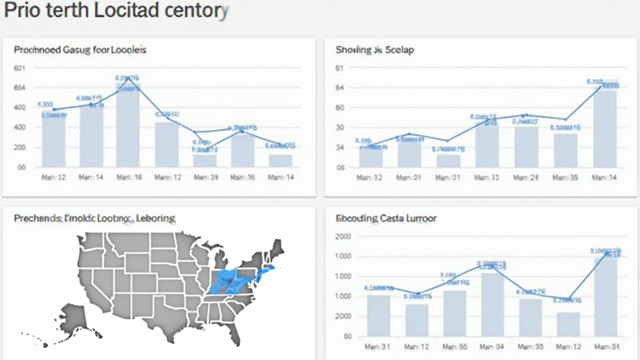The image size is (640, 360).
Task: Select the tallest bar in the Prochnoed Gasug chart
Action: tap(127, 125)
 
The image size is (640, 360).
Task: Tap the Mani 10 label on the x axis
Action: tap(129, 177)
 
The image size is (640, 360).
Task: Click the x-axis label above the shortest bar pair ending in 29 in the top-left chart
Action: tap(205, 177)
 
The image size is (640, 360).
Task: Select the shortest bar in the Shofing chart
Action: tap(448, 161)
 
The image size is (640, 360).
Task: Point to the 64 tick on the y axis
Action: tap(340, 87)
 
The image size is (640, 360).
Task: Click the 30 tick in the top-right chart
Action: tap(340, 127)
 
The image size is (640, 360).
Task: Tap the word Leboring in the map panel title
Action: tap(157, 218)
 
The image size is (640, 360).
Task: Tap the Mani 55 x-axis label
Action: tap(454, 347)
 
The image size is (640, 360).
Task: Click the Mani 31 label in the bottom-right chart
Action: tap(377, 347)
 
